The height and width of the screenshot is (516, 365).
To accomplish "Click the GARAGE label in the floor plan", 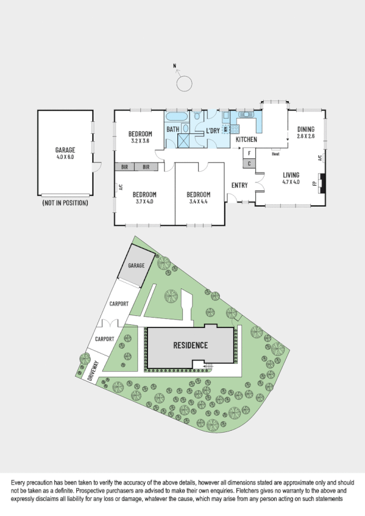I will [65, 149].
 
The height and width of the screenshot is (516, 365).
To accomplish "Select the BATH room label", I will [173, 129].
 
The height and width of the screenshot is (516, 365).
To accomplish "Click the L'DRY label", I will [213, 130].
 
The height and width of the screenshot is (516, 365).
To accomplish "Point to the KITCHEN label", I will [246, 140].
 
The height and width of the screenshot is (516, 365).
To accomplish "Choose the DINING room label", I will [306, 129].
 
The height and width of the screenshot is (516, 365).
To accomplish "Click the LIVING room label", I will [291, 175].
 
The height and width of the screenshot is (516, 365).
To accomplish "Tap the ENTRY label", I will [239, 185].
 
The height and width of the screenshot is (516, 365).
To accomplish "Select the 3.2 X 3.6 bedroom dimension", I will [140, 141].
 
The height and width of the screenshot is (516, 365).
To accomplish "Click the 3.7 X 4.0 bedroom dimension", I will [144, 201].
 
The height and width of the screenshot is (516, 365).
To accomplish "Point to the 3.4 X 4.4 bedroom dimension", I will [199, 201].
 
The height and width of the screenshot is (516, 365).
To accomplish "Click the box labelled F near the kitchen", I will [250, 153].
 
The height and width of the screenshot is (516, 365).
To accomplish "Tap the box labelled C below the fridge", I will [250, 163].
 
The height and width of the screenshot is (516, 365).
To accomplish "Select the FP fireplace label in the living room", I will [315, 183].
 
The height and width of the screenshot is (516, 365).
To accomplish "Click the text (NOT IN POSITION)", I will [65, 203].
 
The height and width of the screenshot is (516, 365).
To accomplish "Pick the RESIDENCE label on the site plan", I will [191, 345].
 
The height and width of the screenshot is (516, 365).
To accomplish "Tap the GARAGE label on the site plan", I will [136, 266].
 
